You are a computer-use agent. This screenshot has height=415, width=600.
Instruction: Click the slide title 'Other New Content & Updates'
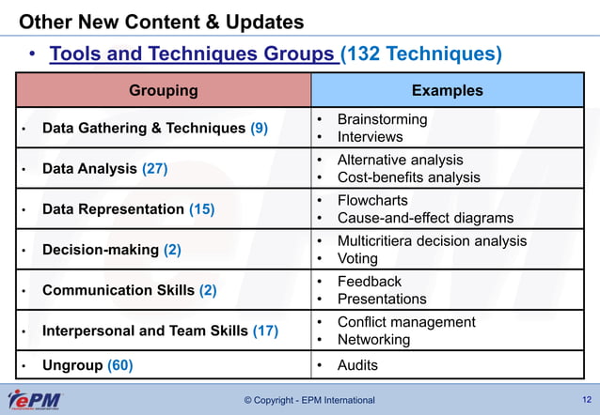coord(162,21)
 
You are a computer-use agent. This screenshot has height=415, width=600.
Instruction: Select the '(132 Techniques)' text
coord(420,54)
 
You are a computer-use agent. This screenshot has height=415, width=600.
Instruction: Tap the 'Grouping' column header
coord(163,91)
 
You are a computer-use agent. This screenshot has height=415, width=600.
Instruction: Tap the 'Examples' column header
coord(447,91)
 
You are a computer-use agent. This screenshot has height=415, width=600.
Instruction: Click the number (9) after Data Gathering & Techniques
coord(259,129)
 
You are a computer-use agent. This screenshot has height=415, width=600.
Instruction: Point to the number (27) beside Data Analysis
coord(154,169)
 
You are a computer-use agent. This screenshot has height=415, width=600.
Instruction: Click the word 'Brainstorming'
coord(382,119)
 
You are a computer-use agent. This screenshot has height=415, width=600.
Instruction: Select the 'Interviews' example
coord(370,137)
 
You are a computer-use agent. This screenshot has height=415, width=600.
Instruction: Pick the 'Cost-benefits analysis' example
coord(408,177)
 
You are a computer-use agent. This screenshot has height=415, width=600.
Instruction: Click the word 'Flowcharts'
coord(371,200)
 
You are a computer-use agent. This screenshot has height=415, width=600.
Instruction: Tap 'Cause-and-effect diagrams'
coord(425,218)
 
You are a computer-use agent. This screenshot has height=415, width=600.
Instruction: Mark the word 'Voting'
coord(358,258)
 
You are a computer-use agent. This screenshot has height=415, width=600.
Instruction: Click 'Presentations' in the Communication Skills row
coord(382,299)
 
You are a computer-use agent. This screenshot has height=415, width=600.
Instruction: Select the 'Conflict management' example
coord(406,322)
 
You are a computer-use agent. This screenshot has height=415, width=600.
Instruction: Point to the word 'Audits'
coord(357,364)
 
